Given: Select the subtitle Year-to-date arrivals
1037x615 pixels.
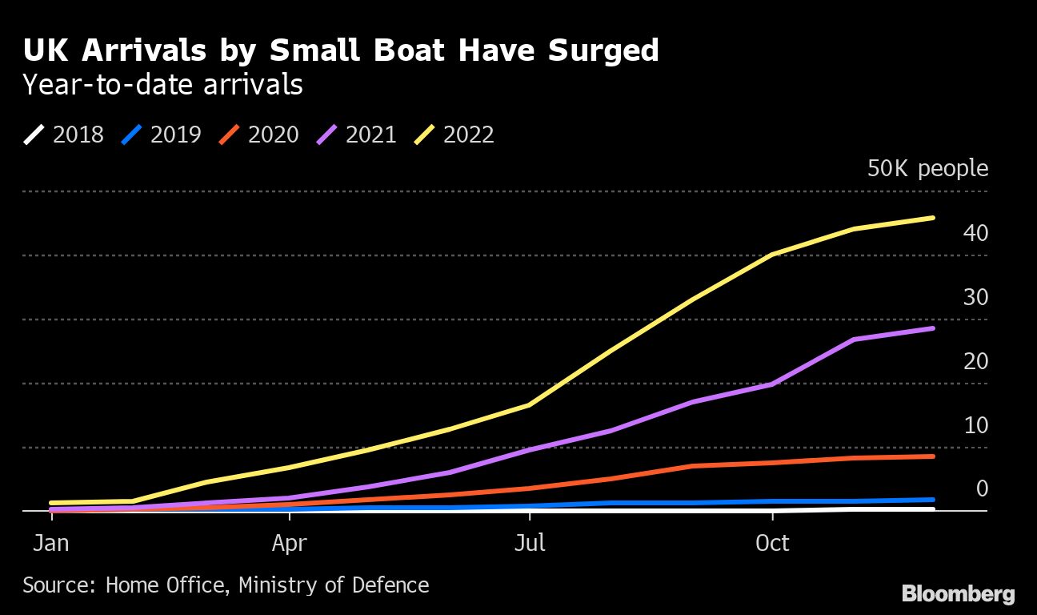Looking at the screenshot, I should pyautogui.click(x=162, y=84).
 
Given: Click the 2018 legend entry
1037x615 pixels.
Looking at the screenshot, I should pyautogui.click(x=64, y=135).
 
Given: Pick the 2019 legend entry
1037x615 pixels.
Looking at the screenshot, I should pyautogui.click(x=162, y=135).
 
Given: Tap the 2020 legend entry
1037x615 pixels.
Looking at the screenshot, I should pyautogui.click(x=259, y=135).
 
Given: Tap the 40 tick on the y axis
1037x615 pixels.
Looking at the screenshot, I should pyautogui.click(x=976, y=233).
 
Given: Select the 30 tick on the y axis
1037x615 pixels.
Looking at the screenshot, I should pyautogui.click(x=976, y=297).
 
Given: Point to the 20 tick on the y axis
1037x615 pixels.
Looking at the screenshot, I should pyautogui.click(x=976, y=361).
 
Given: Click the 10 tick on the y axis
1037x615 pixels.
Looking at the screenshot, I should pyautogui.click(x=976, y=425).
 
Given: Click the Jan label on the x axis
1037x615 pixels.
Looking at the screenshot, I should pyautogui.click(x=50, y=543).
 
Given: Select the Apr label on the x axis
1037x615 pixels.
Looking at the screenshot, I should pyautogui.click(x=289, y=543).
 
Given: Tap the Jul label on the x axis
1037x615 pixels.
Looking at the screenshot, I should pyautogui.click(x=530, y=543).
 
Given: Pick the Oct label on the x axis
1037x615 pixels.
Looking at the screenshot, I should pyautogui.click(x=772, y=543).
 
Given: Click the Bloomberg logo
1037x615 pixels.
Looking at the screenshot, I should pyautogui.click(x=958, y=594).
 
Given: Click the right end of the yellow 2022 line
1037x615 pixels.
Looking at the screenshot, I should pyautogui.click(x=933, y=218).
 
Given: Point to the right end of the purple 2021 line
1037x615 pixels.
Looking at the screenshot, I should pyautogui.click(x=933, y=328).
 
